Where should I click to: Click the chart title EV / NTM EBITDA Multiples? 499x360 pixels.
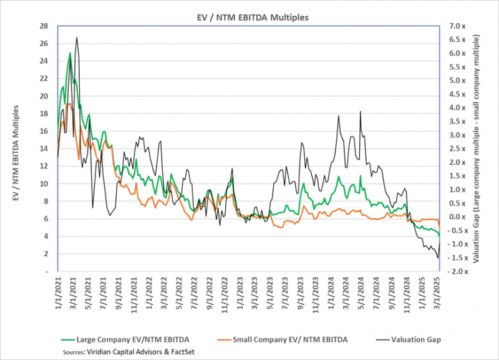(249, 17)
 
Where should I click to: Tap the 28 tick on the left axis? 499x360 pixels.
(44, 26)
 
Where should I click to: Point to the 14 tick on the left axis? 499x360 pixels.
(44, 148)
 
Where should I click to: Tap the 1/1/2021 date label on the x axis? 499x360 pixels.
(49, 296)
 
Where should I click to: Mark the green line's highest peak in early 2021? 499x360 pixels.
(70, 53)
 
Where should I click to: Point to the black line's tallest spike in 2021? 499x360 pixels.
(76, 37)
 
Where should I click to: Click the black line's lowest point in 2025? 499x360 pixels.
(438, 258)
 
